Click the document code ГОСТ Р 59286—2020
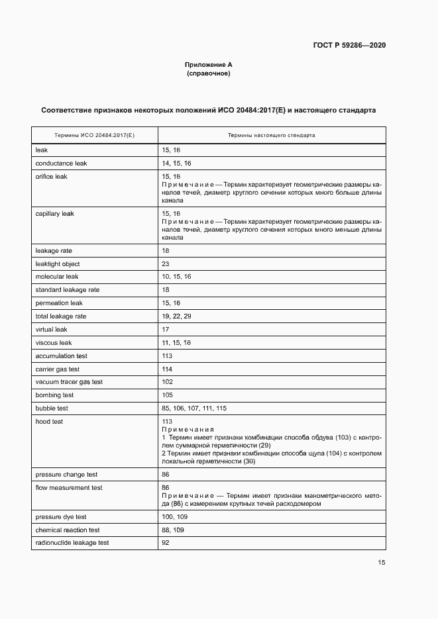pos(349,45)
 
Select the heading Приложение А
pos(209,65)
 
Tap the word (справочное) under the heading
pos(209,73)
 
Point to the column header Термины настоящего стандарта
pos(271,134)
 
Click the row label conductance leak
pos(61,163)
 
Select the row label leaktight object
pos(57,263)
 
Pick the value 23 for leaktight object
pos(166,263)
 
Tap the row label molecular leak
pos(57,277)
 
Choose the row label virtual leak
pos(52,329)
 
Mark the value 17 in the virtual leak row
pos(166,329)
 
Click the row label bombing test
pos(54,395)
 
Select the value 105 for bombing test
pos(167,395)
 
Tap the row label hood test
pos(49,421)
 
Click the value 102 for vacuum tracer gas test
pos(167,382)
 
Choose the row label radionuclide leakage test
pos(72,543)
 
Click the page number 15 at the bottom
pos(382,563)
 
